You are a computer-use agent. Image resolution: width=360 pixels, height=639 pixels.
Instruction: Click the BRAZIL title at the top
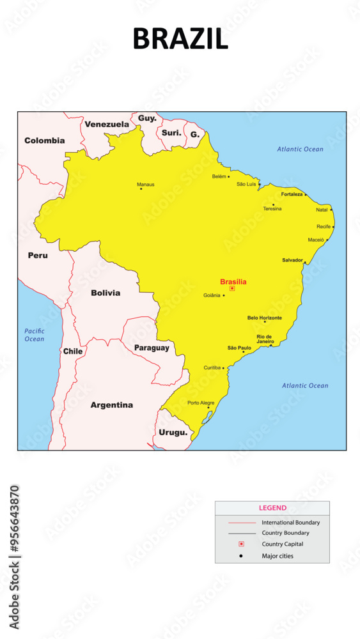[180, 39]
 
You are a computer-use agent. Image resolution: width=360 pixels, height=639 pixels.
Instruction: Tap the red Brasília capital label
[233, 281]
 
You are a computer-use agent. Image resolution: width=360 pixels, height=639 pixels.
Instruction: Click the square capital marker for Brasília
[232, 288]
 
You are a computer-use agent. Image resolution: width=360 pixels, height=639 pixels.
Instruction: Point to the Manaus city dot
[141, 189]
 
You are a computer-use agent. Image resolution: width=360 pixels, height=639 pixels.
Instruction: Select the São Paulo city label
[239, 348]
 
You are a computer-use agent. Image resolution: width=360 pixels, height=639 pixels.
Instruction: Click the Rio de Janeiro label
[265, 339]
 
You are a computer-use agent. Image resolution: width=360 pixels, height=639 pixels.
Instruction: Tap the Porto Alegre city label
[201, 403]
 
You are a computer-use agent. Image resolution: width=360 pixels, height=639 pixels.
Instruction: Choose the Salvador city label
[292, 260]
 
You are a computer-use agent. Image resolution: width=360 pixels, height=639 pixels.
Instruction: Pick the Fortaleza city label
[292, 194]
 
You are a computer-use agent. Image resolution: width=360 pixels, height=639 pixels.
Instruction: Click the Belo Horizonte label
[264, 318]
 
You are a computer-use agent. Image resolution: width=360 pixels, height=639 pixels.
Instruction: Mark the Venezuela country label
[107, 124]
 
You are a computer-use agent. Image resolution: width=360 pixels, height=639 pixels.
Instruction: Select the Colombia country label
[45, 140]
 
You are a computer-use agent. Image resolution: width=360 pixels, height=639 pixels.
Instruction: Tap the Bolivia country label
[106, 293]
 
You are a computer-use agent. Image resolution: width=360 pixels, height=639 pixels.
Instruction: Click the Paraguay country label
[152, 348]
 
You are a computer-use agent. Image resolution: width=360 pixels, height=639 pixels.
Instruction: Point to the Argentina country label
[112, 404]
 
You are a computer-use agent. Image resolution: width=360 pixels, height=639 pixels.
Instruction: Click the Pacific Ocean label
[35, 335]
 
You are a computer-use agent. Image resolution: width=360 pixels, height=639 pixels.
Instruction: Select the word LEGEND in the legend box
[272, 508]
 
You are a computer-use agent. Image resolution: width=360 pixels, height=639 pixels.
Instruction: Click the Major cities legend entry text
[278, 555]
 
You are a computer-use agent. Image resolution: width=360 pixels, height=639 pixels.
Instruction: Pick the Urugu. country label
[173, 432]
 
